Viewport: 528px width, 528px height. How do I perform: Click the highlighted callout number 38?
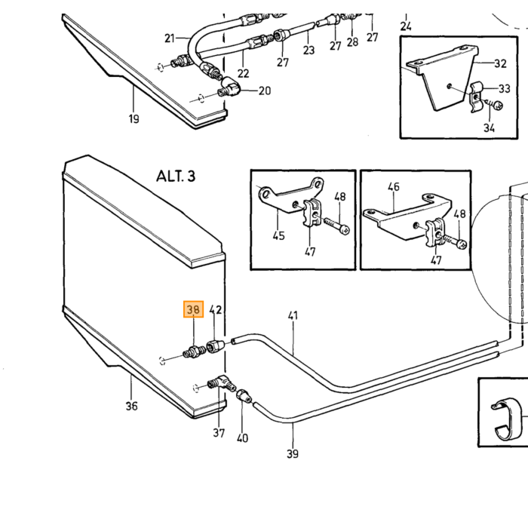(193, 309)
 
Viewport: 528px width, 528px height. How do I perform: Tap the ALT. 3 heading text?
(176, 176)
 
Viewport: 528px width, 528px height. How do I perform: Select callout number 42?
(216, 309)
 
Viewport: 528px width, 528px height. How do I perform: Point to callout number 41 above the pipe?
(293, 315)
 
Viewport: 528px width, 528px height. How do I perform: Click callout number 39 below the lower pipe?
(293, 453)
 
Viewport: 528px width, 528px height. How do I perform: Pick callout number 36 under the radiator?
(132, 406)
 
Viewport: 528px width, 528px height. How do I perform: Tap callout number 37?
(219, 433)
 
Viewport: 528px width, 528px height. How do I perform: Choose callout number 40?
(242, 438)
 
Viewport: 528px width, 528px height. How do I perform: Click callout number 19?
(134, 118)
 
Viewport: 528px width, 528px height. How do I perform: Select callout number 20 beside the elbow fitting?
(265, 91)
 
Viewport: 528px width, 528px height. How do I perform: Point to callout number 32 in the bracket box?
(500, 63)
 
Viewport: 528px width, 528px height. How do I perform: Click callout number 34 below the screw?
(489, 128)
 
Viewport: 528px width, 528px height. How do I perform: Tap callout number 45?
(279, 235)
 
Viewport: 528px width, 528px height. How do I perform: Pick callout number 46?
(393, 186)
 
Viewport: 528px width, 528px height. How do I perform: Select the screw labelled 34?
(495, 104)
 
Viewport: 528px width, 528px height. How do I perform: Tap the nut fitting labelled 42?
(214, 346)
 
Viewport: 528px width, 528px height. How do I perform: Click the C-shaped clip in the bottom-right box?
(507, 419)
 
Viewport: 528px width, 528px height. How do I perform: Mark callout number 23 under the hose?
(309, 50)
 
